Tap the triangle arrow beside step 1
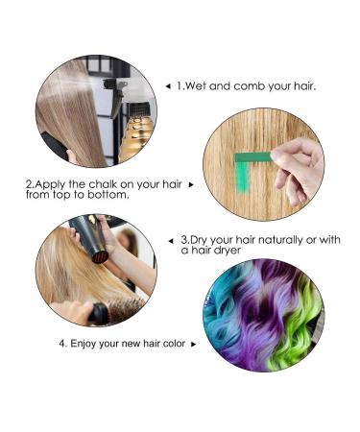pos(169,86)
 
